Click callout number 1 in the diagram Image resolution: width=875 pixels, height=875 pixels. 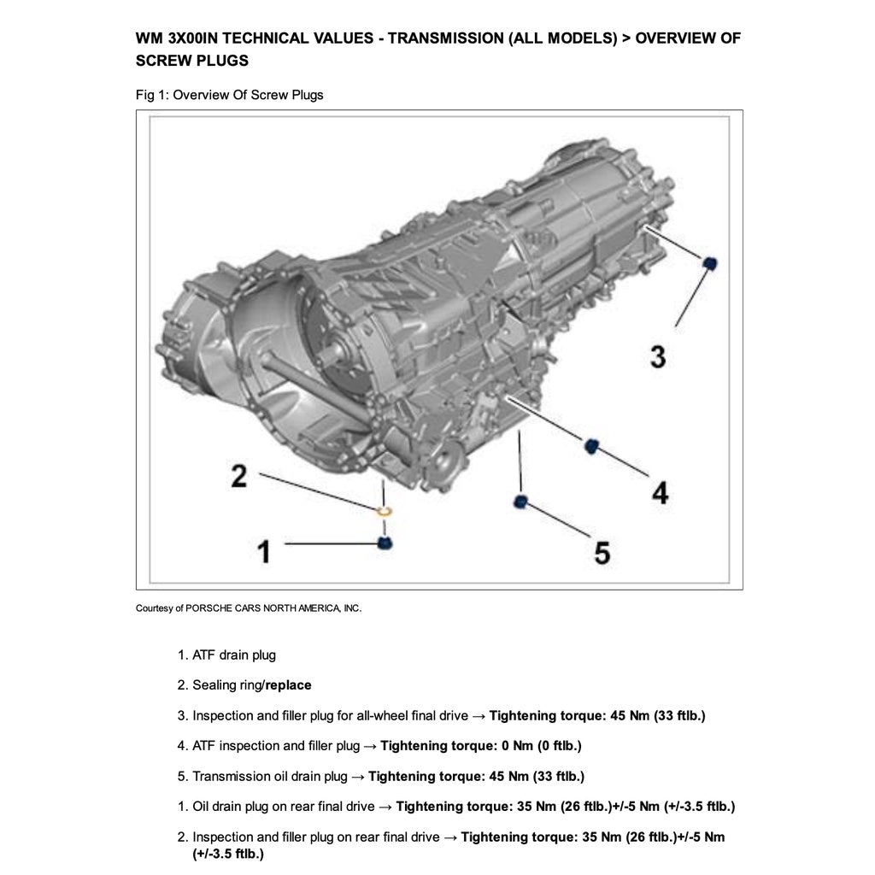pos(265,551)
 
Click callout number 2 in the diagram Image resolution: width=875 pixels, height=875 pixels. pos(239,475)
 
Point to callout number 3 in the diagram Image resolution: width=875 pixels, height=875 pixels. pos(657,355)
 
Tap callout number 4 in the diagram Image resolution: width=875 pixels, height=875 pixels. pos(660,492)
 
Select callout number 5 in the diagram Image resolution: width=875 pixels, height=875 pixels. pos(602,553)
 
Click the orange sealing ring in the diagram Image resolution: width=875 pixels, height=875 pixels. pos(385,511)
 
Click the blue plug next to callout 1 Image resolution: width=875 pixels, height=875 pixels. pos(385,543)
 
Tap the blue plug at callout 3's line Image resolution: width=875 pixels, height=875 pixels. pos(708,262)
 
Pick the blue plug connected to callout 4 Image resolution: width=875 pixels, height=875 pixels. pos(590,444)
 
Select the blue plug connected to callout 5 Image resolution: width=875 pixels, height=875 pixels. pos(521,502)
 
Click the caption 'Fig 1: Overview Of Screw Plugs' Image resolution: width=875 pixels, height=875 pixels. pos(229,95)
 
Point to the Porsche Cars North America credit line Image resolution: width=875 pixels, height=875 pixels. pos(249,608)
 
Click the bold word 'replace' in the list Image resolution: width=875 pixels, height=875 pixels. pos(288,685)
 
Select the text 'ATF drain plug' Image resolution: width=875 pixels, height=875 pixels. pos(234,655)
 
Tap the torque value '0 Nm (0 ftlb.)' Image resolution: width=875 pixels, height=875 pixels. pos(541,746)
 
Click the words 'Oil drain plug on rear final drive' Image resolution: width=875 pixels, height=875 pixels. pos(283,807)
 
